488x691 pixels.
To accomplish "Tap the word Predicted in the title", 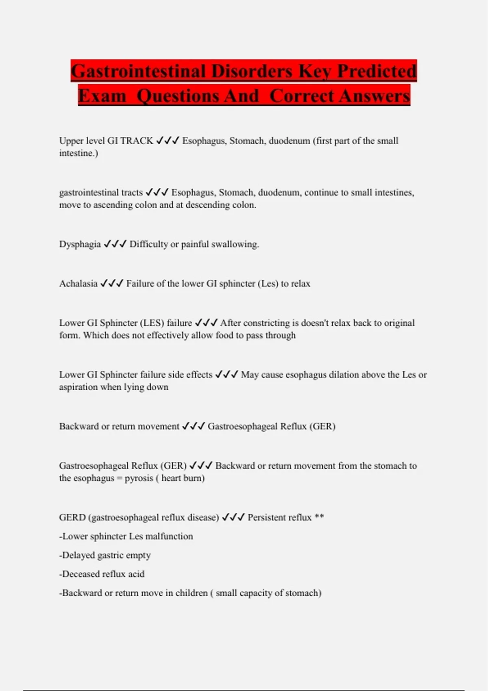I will [x=377, y=71].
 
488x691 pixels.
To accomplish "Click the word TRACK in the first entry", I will [x=137, y=141].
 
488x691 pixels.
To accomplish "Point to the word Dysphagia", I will [x=80, y=244].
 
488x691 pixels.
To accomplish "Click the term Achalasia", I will [x=78, y=284].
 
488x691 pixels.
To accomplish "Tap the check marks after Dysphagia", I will [x=115, y=244].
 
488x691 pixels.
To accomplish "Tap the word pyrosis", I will [x=139, y=478].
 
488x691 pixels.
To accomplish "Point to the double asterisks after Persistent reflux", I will [x=319, y=517].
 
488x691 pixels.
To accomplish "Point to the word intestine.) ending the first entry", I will [x=78, y=153].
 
